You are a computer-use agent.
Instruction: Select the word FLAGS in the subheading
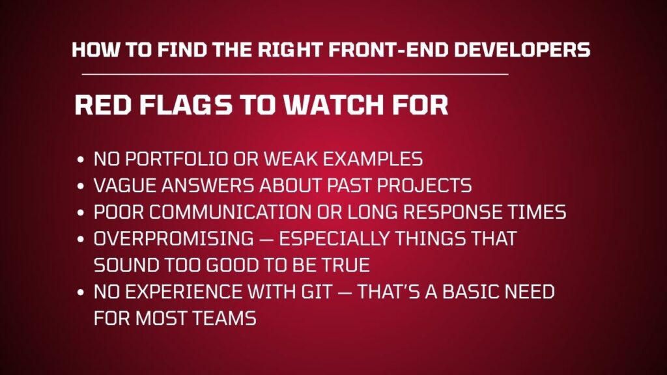[186, 105]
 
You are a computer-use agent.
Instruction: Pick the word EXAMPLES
[373, 159]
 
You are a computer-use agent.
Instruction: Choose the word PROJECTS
[424, 186]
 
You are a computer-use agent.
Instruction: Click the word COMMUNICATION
[230, 212]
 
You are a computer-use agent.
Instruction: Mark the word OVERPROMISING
[173, 238]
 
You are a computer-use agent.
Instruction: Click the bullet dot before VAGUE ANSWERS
[81, 186]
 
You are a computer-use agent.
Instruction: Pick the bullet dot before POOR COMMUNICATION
[81, 213]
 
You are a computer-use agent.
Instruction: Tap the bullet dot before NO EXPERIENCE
[81, 292]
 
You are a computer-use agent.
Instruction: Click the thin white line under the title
[295, 74]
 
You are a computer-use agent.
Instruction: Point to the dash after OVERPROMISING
[266, 239]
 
